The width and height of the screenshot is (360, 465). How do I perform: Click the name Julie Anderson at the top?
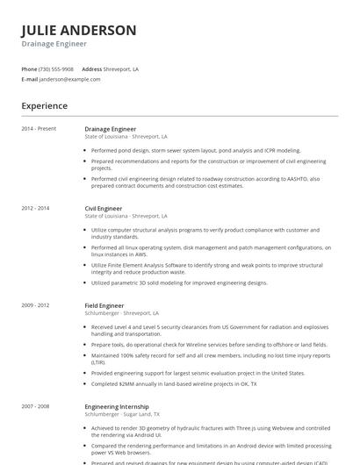pos(79,30)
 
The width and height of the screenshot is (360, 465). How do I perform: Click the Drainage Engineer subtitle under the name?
pos(54,44)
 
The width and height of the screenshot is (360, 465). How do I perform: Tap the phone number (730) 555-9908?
pos(57,68)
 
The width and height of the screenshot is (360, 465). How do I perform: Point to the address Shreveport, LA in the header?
pos(122,68)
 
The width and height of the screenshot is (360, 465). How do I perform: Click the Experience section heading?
pos(44,106)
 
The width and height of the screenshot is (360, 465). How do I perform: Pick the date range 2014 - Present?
pos(39,129)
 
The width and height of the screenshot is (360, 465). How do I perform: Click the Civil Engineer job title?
pos(104,209)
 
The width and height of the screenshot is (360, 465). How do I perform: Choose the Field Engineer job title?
pos(104,305)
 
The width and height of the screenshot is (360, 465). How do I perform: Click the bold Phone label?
pos(29,68)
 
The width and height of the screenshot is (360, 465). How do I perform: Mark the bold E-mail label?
pos(30,79)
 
